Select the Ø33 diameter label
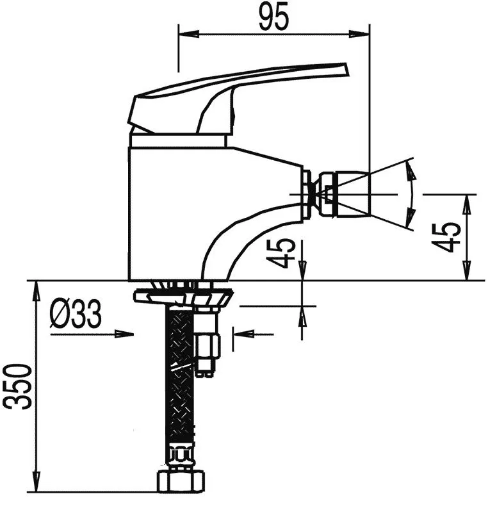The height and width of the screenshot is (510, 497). (76, 314)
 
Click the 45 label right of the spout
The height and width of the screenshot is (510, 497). (446, 238)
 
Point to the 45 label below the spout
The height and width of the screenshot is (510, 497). (280, 253)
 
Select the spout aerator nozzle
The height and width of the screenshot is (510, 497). (345, 194)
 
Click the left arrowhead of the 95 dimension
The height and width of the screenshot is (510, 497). (188, 33)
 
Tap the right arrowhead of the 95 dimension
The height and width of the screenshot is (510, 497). (359, 33)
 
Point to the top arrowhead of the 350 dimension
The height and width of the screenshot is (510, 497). (37, 292)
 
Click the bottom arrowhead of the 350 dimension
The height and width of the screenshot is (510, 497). (37, 481)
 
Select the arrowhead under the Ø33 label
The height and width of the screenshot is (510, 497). (124, 334)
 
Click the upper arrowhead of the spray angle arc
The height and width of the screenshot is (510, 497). (412, 171)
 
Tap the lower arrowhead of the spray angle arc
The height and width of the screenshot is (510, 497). (411, 217)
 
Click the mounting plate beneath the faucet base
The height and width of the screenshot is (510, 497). (184, 296)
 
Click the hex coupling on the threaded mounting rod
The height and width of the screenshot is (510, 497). (208, 345)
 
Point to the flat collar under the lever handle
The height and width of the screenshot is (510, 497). (178, 140)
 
